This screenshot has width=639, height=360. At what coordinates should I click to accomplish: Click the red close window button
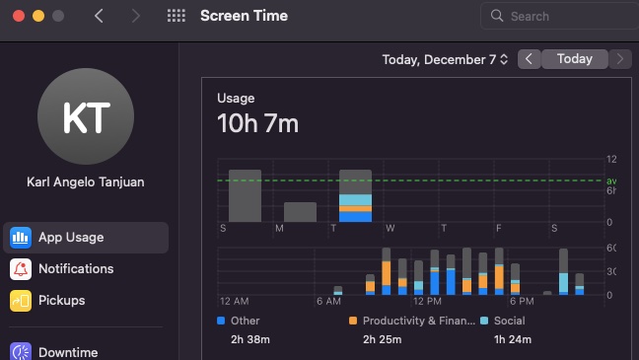click(18, 17)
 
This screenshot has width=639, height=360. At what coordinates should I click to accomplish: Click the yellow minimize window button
click(38, 17)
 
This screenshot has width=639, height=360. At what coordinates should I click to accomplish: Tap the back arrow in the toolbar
click(99, 16)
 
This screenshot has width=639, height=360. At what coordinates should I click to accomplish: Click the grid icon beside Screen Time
click(177, 16)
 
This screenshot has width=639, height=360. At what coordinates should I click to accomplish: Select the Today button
click(574, 59)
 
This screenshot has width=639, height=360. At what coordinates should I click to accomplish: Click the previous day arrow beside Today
click(530, 59)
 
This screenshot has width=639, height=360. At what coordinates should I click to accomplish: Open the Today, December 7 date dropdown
click(446, 59)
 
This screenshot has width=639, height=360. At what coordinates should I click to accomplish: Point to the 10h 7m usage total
click(257, 123)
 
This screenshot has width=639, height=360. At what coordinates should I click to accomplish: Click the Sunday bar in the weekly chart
click(245, 195)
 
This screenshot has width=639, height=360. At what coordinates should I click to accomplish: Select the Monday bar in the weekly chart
click(300, 211)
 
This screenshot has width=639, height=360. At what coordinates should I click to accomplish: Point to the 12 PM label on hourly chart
click(427, 301)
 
